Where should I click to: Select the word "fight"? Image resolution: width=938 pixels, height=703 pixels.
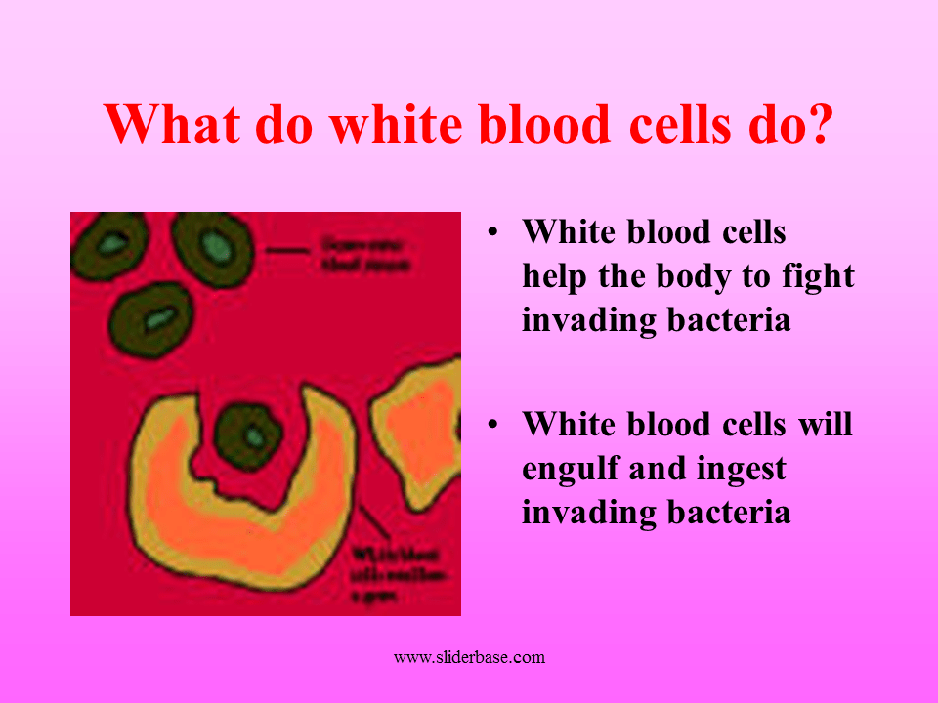(816, 276)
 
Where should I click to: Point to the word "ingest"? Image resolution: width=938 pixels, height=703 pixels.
(741, 470)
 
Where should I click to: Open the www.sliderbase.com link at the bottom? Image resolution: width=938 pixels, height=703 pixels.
(469, 658)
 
